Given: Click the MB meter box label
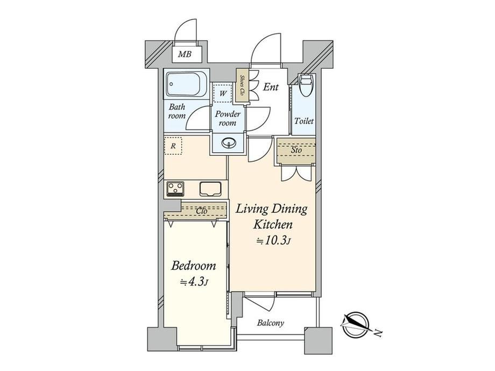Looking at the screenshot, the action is pyautogui.click(x=185, y=54).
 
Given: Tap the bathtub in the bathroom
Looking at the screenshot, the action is pyautogui.click(x=186, y=84).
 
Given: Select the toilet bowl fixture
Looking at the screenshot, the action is pyautogui.click(x=305, y=84).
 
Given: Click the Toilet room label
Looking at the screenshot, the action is pyautogui.click(x=304, y=121).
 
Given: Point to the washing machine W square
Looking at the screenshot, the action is pyautogui.click(x=223, y=94).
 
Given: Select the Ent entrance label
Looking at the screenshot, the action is pyautogui.click(x=271, y=87).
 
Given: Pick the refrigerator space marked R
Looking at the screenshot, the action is pyautogui.click(x=173, y=146).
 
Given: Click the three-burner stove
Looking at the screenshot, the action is pyautogui.click(x=175, y=189).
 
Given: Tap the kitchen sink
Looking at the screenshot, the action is pyautogui.click(x=210, y=189).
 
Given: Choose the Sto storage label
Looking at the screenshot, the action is pyautogui.click(x=296, y=150).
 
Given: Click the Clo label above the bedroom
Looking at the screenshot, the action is pyautogui.click(x=202, y=211).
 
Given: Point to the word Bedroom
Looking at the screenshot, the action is pyautogui.click(x=194, y=266).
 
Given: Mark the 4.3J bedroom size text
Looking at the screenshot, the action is pyautogui.click(x=194, y=282).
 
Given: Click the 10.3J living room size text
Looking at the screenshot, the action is pyautogui.click(x=273, y=241).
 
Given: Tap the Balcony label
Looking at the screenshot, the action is pyautogui.click(x=270, y=323).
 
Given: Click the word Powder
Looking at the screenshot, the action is pyautogui.click(x=227, y=114).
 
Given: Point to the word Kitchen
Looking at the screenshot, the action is pyautogui.click(x=273, y=225).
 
